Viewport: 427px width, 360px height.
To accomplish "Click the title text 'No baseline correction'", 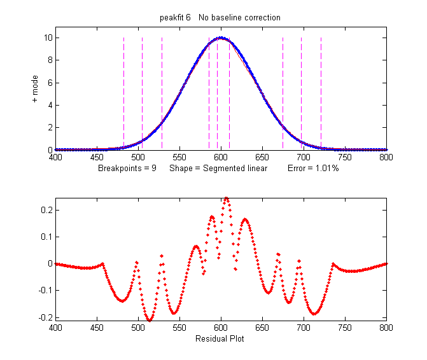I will pos(239,18).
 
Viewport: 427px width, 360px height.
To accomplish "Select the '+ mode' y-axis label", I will pos(35,88).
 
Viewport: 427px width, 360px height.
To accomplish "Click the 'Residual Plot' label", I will pos(221,338).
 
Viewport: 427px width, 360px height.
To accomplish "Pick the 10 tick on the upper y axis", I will pos(47,38).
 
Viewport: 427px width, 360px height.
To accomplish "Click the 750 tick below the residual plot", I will pos(345,328).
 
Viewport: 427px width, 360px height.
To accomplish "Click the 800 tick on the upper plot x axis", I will pos(386,157).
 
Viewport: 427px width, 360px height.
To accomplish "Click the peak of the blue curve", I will pos(221,38).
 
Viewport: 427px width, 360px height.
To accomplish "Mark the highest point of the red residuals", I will pos(226,198).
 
